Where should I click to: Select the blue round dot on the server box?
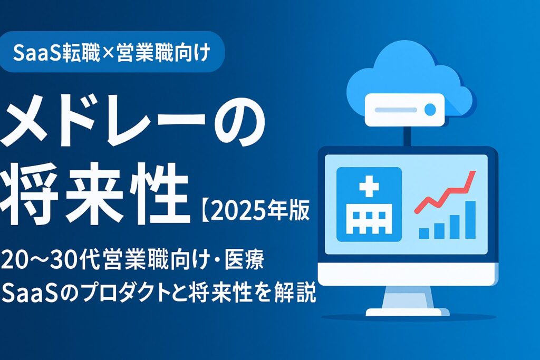[430, 110]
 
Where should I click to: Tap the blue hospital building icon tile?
[369, 203]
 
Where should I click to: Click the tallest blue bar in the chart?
[469, 219]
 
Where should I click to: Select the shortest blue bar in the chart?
[424, 232]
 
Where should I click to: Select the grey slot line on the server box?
[396, 110]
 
